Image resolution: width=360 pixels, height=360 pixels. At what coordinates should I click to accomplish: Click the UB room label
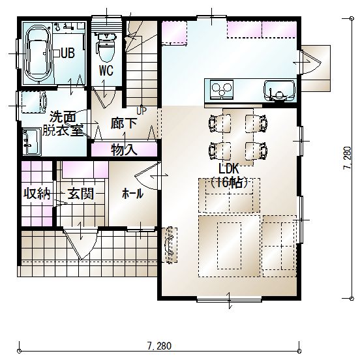pyautogui.click(x=68, y=53)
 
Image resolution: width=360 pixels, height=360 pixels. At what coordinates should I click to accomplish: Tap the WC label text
pyautogui.click(x=106, y=70)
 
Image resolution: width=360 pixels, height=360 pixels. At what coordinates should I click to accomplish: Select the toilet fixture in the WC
pyautogui.click(x=106, y=48)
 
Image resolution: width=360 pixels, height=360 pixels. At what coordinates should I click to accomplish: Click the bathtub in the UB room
pyautogui.click(x=38, y=53)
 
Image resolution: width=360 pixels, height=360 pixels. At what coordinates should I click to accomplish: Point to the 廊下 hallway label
pyautogui.click(x=124, y=123)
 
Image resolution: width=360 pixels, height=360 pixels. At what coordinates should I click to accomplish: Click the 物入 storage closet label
pyautogui.click(x=124, y=150)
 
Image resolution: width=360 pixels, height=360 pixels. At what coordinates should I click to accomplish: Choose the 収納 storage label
pyautogui.click(x=37, y=194)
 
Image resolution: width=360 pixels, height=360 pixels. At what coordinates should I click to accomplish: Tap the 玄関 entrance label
pyautogui.click(x=81, y=194)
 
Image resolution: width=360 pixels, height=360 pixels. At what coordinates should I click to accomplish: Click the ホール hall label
pyautogui.click(x=133, y=194)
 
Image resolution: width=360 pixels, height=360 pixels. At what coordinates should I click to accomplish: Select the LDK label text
pyautogui.click(x=229, y=169)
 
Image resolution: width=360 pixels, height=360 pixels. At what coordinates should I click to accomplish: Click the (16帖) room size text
pyautogui.click(x=230, y=183)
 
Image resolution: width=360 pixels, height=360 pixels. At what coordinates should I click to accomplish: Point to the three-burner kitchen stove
pyautogui.click(x=222, y=90)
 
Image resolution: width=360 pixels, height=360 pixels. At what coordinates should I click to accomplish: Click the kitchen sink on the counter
pyautogui.click(x=279, y=91)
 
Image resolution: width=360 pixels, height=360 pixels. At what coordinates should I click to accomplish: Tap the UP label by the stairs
pyautogui.click(x=142, y=111)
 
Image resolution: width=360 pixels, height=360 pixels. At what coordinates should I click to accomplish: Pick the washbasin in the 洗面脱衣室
pyautogui.click(x=32, y=142)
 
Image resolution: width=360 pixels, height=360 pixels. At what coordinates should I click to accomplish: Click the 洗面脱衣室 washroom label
pyautogui.click(x=63, y=123)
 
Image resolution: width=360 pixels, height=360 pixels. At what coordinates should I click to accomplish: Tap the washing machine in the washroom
pyautogui.click(x=34, y=102)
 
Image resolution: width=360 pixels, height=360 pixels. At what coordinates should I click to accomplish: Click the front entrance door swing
pyautogui.click(x=81, y=244)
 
